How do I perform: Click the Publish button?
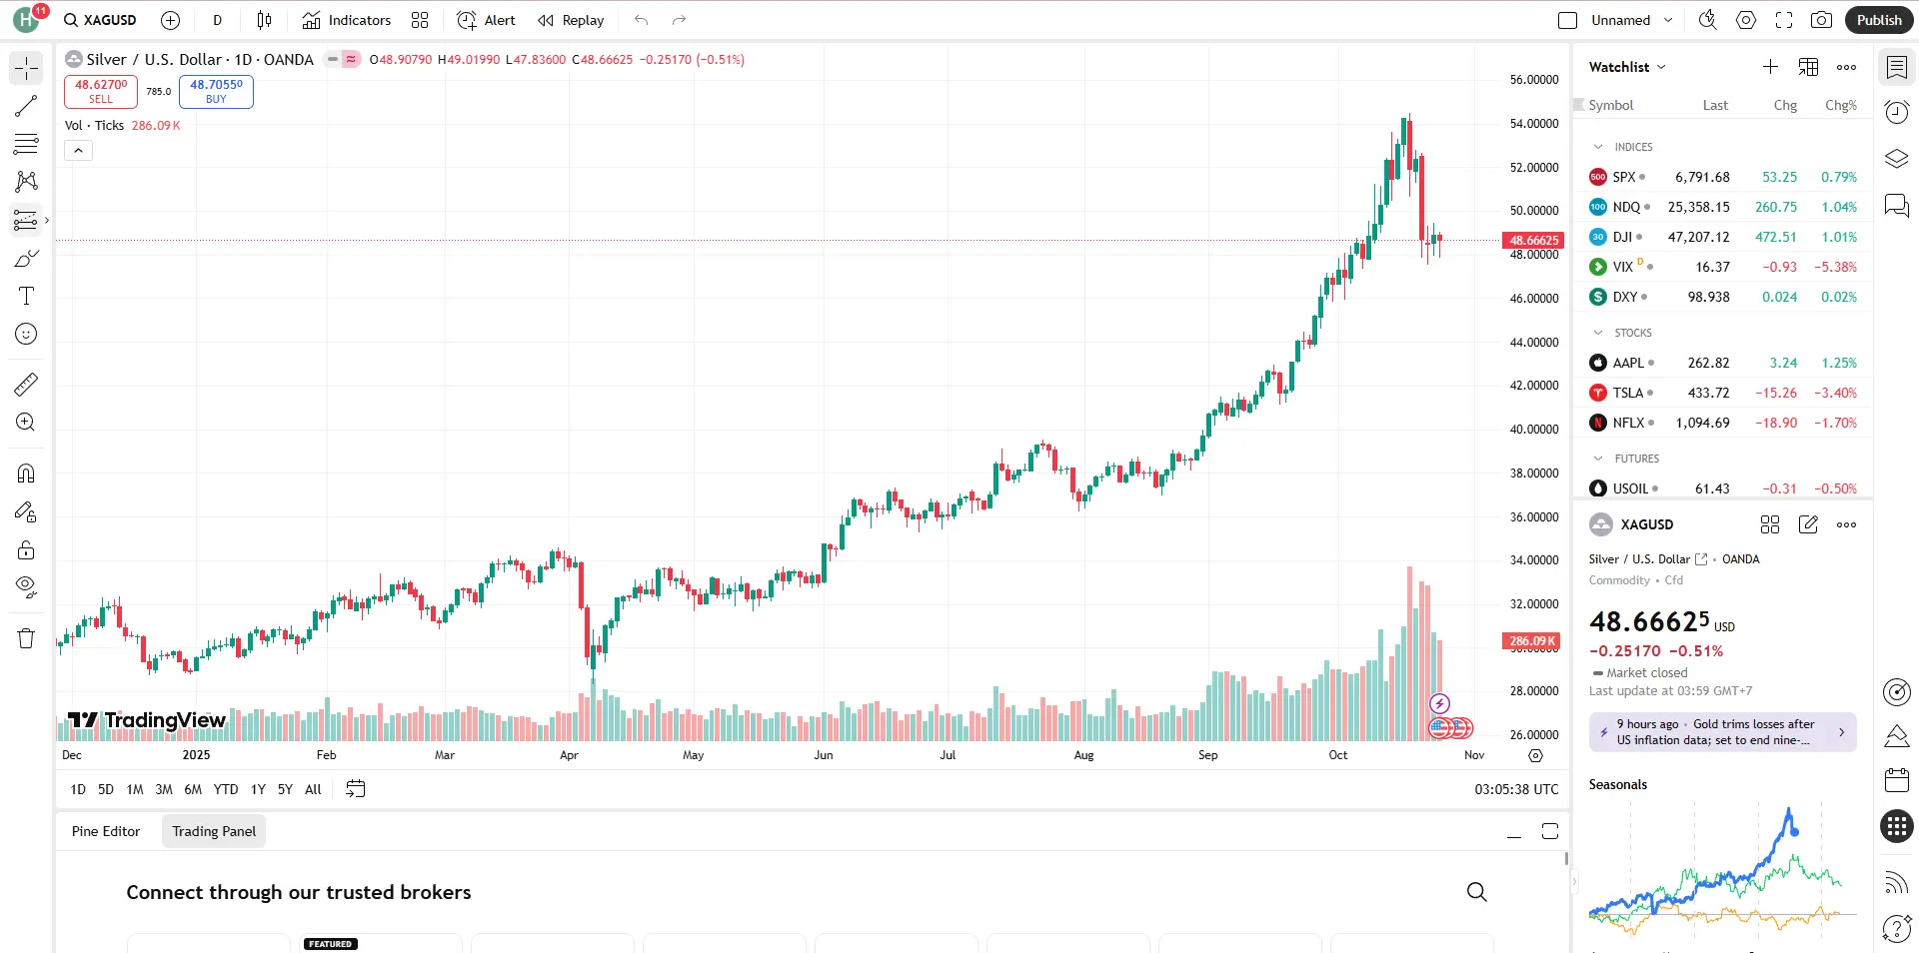[1878, 20]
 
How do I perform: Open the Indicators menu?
[347, 20]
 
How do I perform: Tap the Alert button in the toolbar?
[486, 20]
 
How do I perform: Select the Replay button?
[571, 20]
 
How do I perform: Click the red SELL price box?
[101, 91]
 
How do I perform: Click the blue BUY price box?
[216, 91]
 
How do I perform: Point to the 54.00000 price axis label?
[1533, 124]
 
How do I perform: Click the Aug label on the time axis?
[1083, 755]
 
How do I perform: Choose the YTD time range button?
[226, 789]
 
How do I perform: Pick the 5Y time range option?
[285, 789]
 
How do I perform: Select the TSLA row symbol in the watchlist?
[1627, 393]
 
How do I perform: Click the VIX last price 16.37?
[1712, 267]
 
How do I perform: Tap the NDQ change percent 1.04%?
[1838, 207]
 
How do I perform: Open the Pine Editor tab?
[106, 831]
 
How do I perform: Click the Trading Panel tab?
[214, 831]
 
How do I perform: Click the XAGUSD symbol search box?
[100, 20]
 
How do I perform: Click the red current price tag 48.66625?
[1533, 240]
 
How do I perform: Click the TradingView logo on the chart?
[147, 720]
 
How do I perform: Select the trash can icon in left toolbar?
[26, 638]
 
